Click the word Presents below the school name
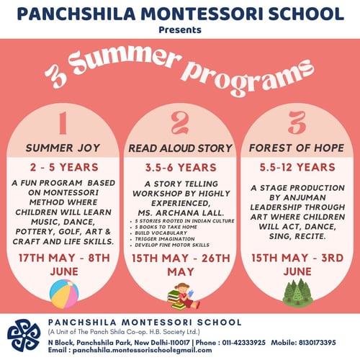point(180,31)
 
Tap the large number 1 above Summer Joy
point(61,123)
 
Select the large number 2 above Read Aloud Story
point(179,123)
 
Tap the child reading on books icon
point(180,294)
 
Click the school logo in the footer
point(23,334)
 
